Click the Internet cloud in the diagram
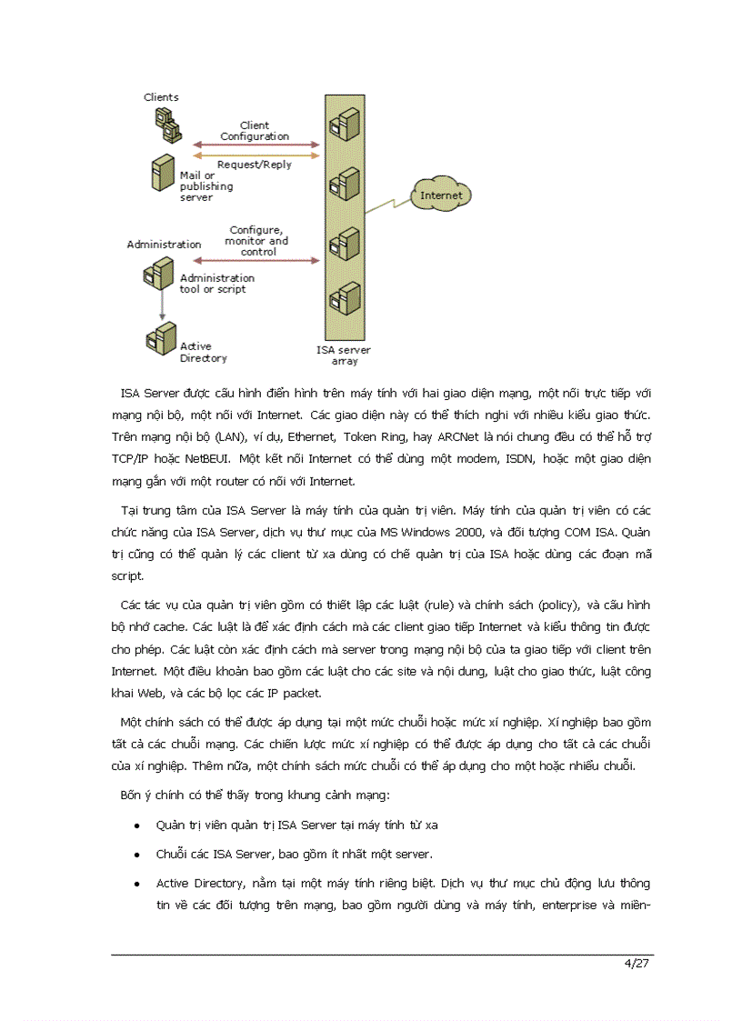tap(441, 195)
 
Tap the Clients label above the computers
tap(161, 97)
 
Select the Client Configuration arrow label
tap(255, 131)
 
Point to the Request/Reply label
tap(255, 165)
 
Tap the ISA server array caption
tap(344, 355)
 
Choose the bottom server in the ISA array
tap(343, 298)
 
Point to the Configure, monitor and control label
tap(258, 241)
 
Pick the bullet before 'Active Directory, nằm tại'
tap(135, 884)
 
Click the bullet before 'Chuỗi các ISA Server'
tap(135, 855)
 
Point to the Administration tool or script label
tap(216, 284)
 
